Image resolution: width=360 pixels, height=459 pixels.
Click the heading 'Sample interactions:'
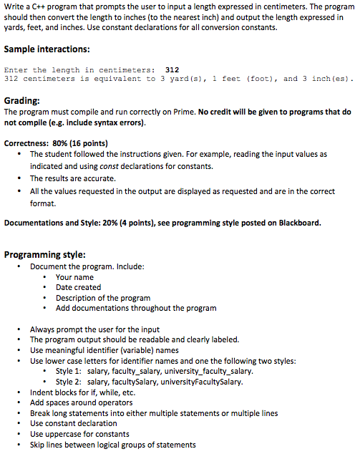point(47,50)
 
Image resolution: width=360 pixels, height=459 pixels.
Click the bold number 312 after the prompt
point(172,69)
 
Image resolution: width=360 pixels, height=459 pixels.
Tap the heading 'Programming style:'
point(45,254)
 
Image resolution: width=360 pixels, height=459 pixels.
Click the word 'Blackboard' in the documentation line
point(297,223)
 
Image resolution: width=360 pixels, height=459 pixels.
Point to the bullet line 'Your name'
point(74,277)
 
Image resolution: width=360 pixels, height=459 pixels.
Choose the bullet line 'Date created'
point(78,287)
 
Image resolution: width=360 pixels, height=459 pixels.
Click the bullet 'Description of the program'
point(103,298)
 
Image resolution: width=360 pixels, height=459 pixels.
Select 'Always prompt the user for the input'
point(96,329)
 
